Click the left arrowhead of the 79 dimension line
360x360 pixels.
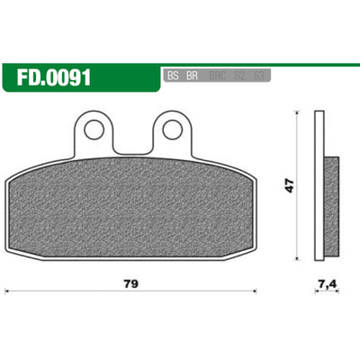point(8,291)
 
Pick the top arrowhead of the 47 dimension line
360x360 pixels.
point(297,114)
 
